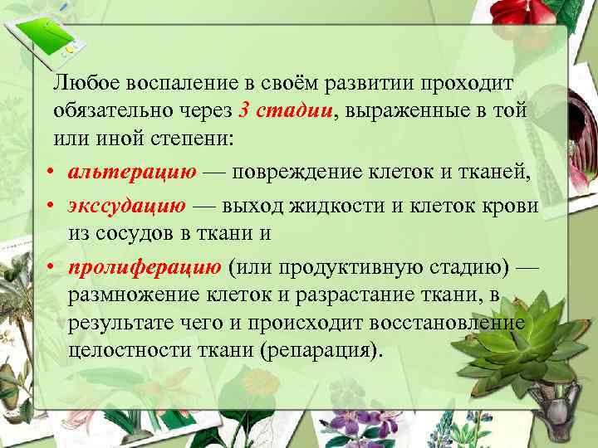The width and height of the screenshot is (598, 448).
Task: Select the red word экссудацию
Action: pyautogui.click(x=133, y=205)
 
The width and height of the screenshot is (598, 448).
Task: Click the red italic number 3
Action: pyautogui.click(x=243, y=110)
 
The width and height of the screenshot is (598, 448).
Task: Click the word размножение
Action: pyautogui.click(x=134, y=295)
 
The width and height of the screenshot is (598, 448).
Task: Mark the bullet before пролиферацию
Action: pyautogui.click(x=51, y=267)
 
